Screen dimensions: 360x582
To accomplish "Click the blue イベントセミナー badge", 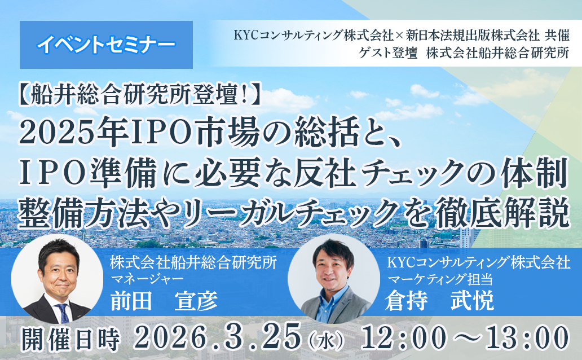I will tap(106, 45).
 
